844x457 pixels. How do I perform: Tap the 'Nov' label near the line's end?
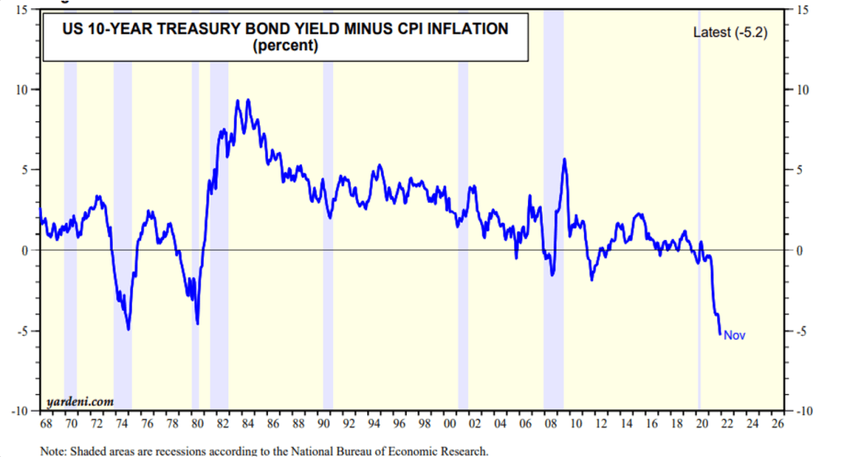734,335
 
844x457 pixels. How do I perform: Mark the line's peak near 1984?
238,101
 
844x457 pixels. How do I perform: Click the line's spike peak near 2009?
564,159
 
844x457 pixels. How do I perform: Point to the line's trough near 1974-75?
129,329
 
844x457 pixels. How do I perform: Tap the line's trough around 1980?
198,323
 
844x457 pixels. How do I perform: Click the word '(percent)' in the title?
285,46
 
